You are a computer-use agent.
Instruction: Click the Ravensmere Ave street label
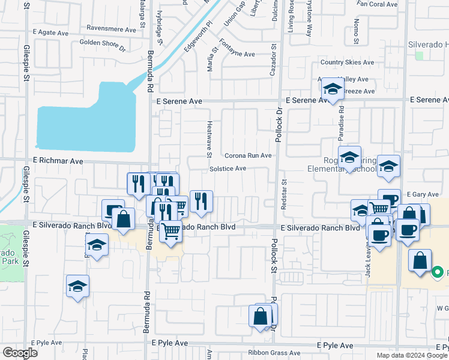111,29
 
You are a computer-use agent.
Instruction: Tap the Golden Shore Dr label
102,43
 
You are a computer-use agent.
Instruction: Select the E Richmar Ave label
58,161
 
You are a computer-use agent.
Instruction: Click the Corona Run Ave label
248,155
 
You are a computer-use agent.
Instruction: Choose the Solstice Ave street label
228,169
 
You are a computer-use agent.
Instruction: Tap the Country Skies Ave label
347,62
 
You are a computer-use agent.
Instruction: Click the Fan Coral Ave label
377,4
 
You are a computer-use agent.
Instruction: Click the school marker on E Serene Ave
331,91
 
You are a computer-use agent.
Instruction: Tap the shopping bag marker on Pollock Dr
261,316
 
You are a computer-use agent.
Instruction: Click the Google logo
20,353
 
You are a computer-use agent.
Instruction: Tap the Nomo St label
357,29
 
